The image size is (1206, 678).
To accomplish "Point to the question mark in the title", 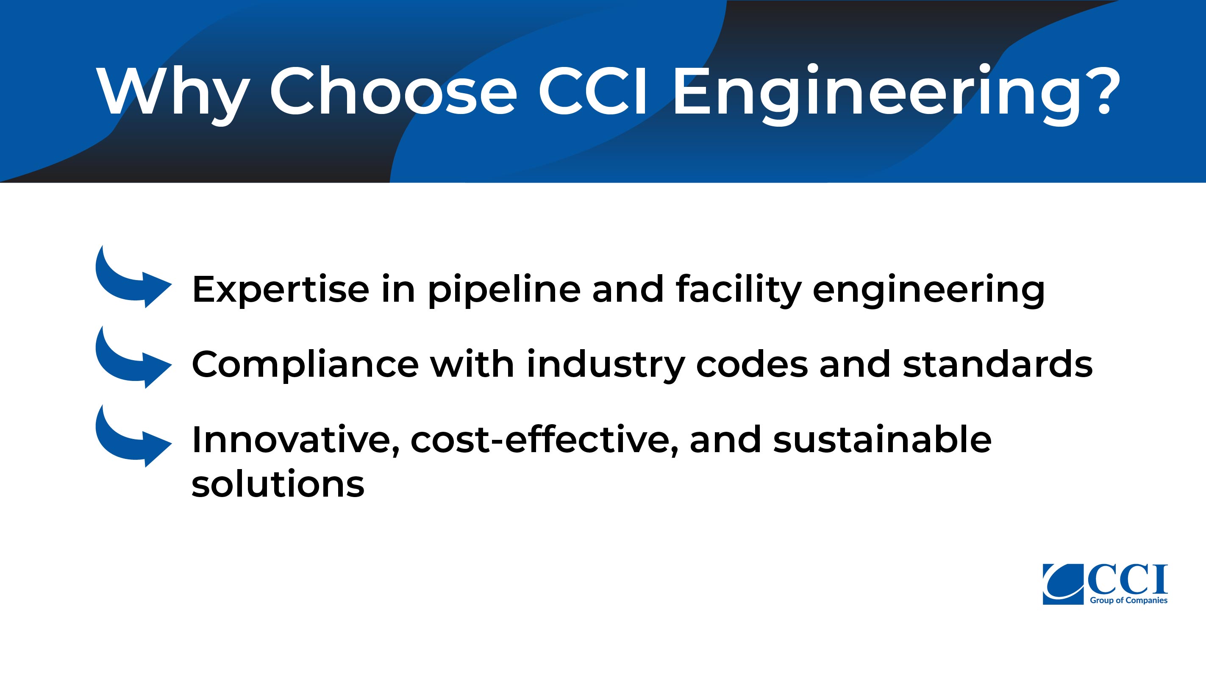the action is pos(1098,89).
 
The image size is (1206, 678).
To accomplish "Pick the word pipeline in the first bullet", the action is pos(504,290).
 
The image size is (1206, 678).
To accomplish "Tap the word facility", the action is pos(739,290).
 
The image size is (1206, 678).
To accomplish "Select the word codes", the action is pos(752,364).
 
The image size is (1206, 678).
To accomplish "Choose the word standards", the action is pos(998,364).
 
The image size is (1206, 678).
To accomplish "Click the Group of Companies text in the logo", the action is pos(1128,600).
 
